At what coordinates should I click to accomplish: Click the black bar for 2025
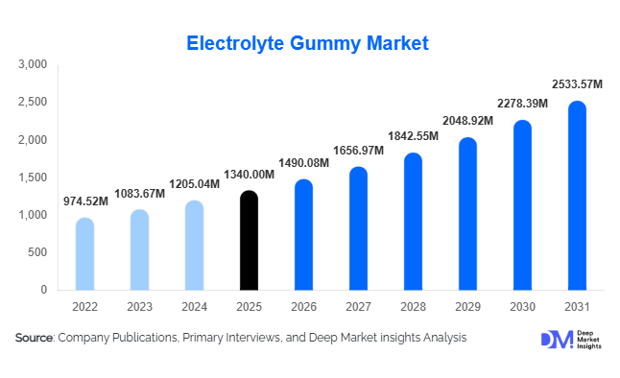tap(249, 242)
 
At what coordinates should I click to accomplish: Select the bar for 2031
tap(578, 197)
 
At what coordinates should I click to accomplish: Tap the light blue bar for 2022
tap(84, 255)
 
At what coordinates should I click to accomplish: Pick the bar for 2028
tap(414, 223)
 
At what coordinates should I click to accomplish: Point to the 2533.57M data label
tap(577, 84)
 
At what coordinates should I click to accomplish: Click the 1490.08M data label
tap(302, 163)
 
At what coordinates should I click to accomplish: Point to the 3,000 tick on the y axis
tap(33, 64)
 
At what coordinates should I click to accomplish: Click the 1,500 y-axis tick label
tap(33, 177)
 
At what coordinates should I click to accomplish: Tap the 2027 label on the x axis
tap(358, 308)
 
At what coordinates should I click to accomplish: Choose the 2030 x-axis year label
tap(522, 308)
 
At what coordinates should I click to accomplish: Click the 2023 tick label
tap(139, 308)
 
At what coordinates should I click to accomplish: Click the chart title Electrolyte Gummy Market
tap(306, 43)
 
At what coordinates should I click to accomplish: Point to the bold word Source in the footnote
tap(35, 338)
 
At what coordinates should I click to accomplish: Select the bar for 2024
tap(194, 246)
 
